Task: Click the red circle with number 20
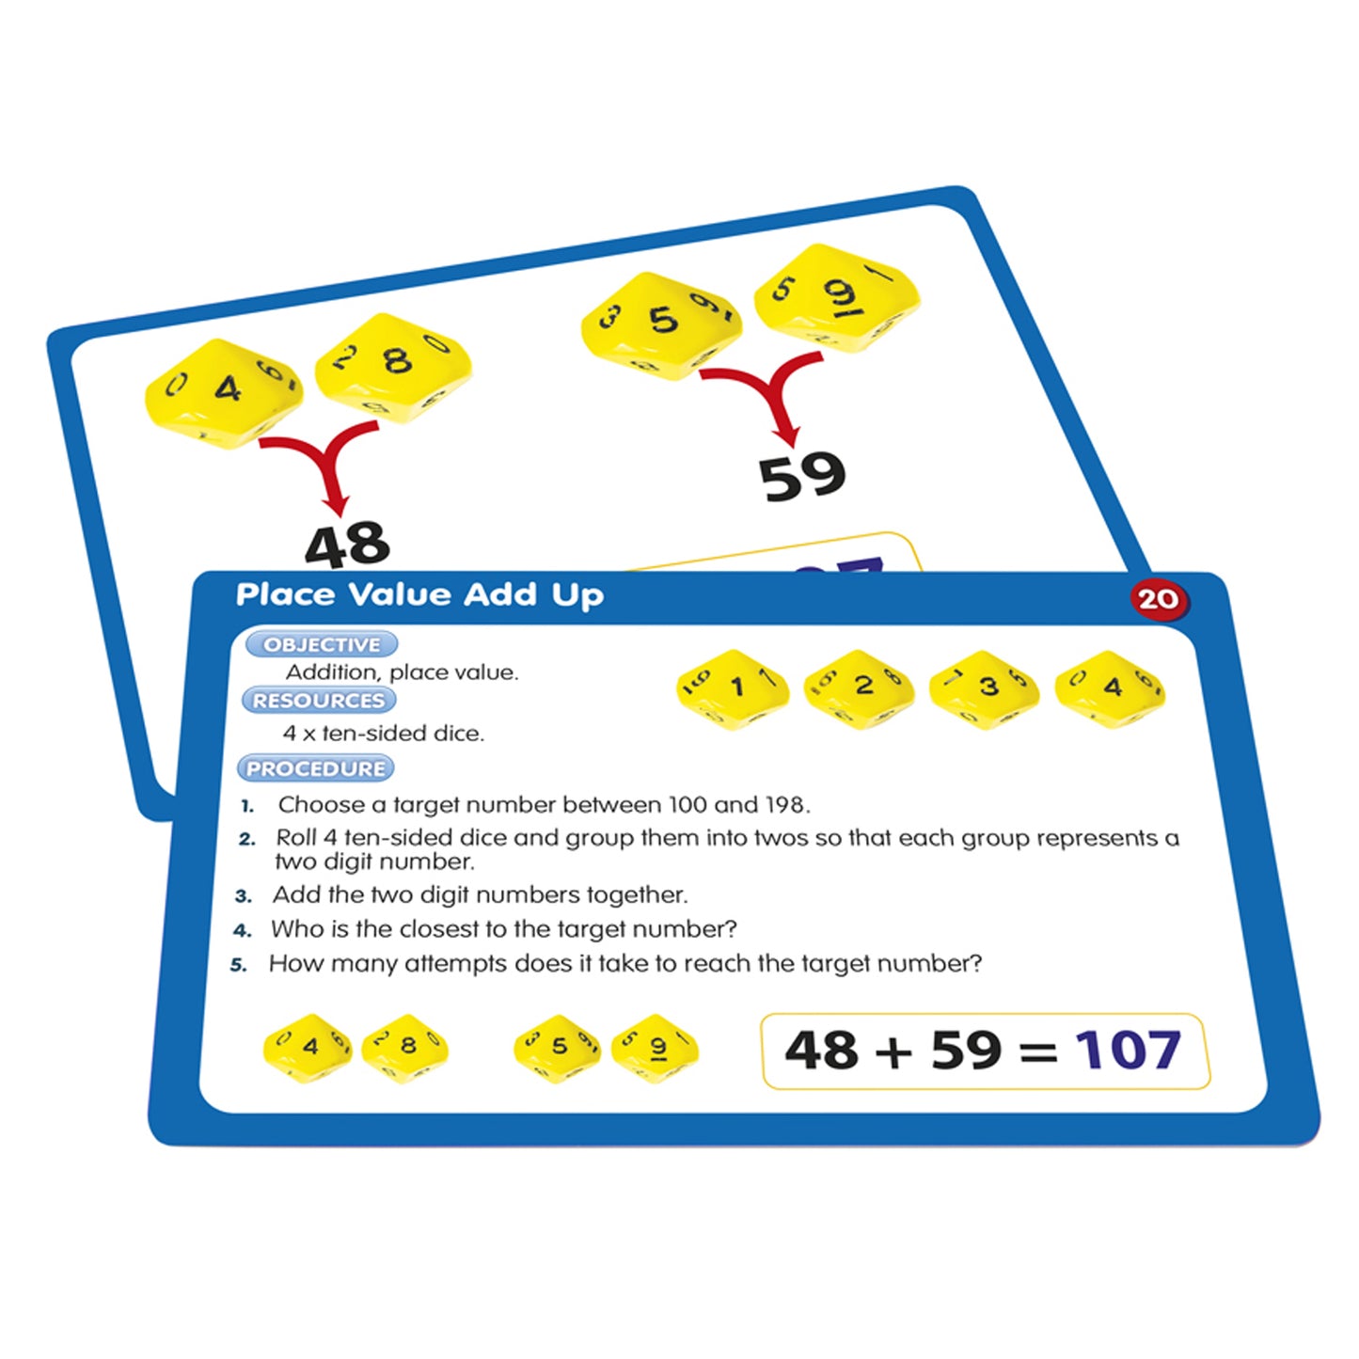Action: pyautogui.click(x=1158, y=599)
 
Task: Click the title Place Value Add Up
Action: pyautogui.click(x=419, y=594)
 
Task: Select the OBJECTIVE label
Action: pyautogui.click(x=322, y=645)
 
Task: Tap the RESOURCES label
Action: pyautogui.click(x=319, y=701)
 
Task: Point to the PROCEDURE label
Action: pyautogui.click(x=316, y=768)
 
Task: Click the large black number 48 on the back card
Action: pyautogui.click(x=347, y=545)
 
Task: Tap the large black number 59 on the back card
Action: pyautogui.click(x=802, y=476)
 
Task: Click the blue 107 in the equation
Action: pyautogui.click(x=1128, y=1051)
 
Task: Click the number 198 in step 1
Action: pyautogui.click(x=784, y=805)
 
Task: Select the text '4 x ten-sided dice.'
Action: pyautogui.click(x=384, y=734)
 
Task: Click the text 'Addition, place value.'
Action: pyautogui.click(x=402, y=672)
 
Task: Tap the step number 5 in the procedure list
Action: pyautogui.click(x=239, y=965)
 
